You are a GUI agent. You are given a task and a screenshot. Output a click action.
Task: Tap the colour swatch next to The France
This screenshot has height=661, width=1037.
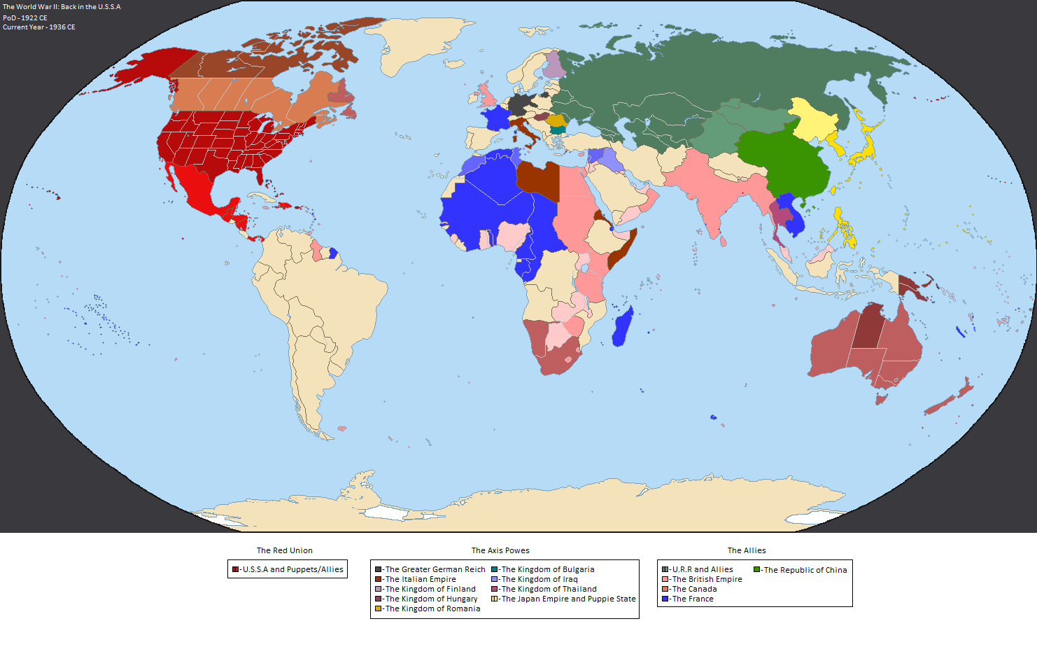pos(665,599)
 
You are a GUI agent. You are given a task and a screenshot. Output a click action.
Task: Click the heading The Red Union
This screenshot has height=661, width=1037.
pos(284,550)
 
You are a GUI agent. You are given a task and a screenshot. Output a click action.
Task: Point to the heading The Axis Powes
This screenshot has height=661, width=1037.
pos(500,550)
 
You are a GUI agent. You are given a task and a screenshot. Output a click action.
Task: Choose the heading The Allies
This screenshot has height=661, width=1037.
pos(747,550)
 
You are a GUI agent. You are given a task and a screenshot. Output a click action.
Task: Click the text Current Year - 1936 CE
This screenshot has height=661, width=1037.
pos(38,27)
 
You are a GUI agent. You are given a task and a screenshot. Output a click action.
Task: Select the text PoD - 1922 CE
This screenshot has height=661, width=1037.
pos(25,18)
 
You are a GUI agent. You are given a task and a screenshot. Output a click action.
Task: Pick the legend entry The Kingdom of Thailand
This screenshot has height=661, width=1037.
pos(549,589)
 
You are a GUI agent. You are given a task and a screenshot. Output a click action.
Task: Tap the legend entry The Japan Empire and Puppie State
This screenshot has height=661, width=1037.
pos(567,599)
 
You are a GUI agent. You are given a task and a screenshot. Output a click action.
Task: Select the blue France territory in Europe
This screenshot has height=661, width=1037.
pos(495,118)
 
